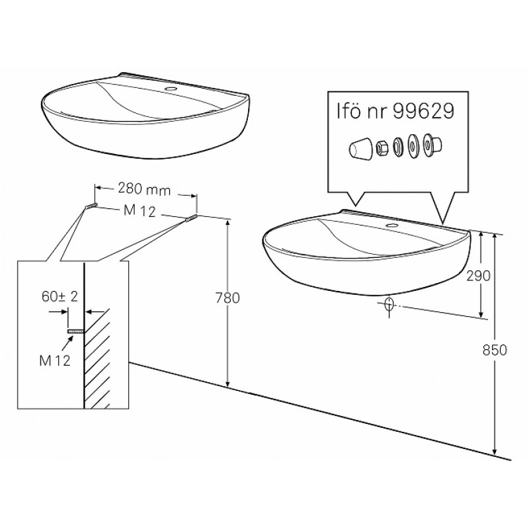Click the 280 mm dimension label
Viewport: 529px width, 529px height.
(144, 189)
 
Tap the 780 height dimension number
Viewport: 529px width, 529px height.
(227, 298)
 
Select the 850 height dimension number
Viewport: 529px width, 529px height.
(495, 350)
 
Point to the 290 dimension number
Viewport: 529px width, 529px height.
(478, 276)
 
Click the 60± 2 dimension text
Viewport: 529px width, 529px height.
(60, 296)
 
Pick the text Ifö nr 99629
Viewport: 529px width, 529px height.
(395, 111)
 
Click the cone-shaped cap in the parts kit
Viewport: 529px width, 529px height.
(360, 147)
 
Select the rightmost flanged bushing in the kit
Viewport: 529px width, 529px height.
(432, 144)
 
